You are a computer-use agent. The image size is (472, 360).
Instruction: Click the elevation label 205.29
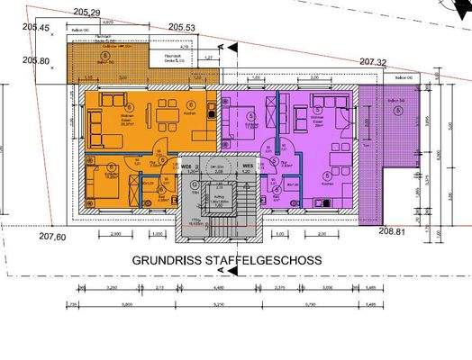tap(87, 12)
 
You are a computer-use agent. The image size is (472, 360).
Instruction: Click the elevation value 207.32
tap(373, 62)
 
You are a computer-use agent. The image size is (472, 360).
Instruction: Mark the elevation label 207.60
tap(52, 237)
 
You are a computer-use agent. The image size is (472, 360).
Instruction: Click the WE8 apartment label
tap(188, 167)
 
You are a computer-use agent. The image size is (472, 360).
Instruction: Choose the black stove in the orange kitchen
tap(209, 115)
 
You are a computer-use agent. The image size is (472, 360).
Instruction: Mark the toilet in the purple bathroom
tap(275, 186)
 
